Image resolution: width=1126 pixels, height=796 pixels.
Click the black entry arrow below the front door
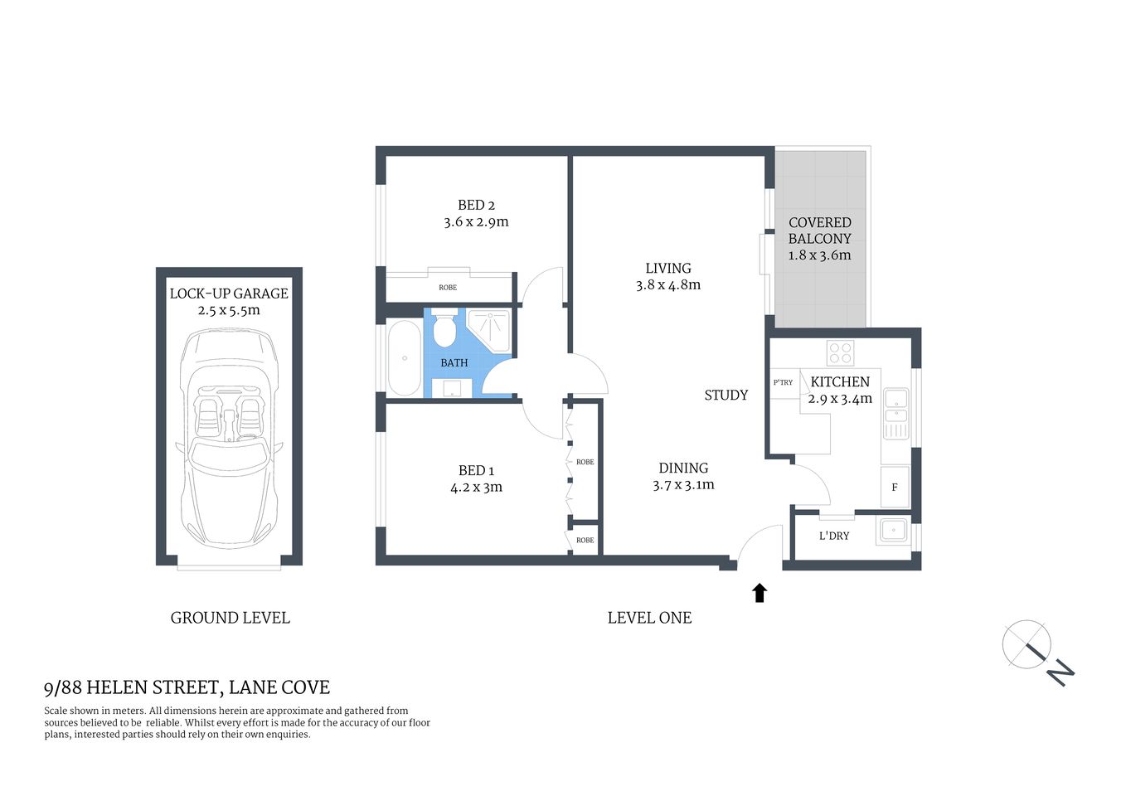pyautogui.click(x=760, y=592)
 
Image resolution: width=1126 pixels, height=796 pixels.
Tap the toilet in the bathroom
pyautogui.click(x=445, y=328)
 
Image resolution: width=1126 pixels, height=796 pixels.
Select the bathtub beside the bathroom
pyautogui.click(x=404, y=358)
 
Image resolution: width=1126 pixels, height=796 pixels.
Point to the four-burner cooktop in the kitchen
pyautogui.click(x=840, y=353)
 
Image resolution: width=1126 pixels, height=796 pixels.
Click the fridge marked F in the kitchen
pyautogui.click(x=895, y=487)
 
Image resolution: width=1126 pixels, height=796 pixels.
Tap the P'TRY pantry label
pyautogui.click(x=783, y=383)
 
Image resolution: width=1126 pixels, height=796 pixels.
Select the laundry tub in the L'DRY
pyautogui.click(x=893, y=531)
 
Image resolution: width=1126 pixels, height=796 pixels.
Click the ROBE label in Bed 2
pyautogui.click(x=448, y=288)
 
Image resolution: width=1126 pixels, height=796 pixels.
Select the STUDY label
pyautogui.click(x=726, y=396)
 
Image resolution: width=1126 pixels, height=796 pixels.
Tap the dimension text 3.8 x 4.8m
pyautogui.click(x=668, y=285)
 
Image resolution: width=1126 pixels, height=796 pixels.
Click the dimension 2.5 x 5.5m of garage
pyautogui.click(x=229, y=311)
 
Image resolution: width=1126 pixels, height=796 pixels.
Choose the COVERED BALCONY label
pyautogui.click(x=819, y=231)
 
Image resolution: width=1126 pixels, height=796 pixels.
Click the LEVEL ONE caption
pyautogui.click(x=649, y=618)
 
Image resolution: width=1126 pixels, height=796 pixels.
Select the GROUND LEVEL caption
pyautogui.click(x=230, y=618)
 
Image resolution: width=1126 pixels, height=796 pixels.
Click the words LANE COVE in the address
pyautogui.click(x=279, y=687)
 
